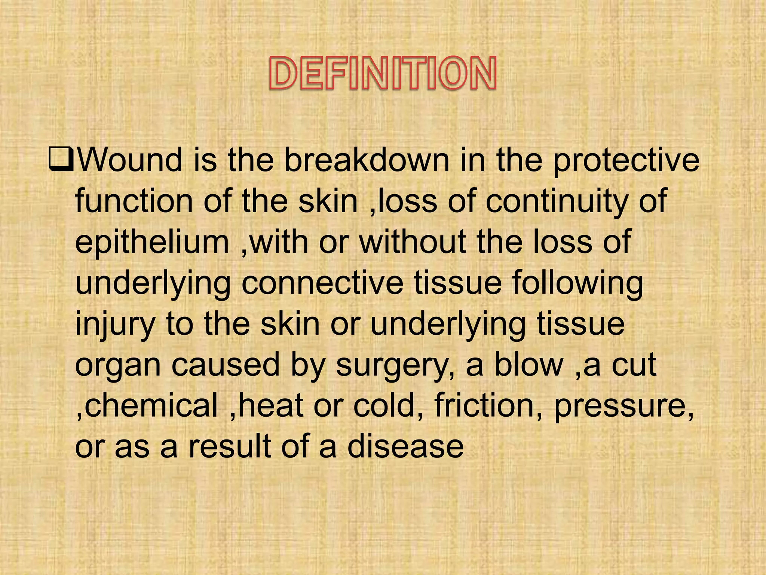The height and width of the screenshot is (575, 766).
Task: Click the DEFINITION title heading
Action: pos(383,73)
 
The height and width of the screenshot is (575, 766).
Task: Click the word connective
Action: pos(322,283)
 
